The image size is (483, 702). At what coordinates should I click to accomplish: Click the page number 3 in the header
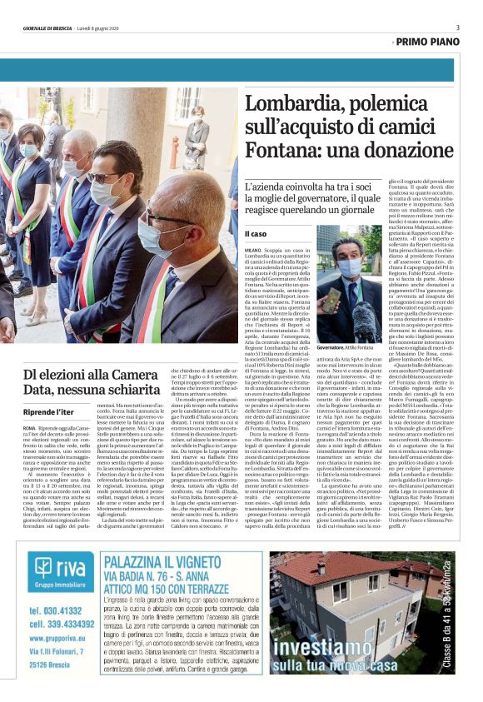click(457, 27)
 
